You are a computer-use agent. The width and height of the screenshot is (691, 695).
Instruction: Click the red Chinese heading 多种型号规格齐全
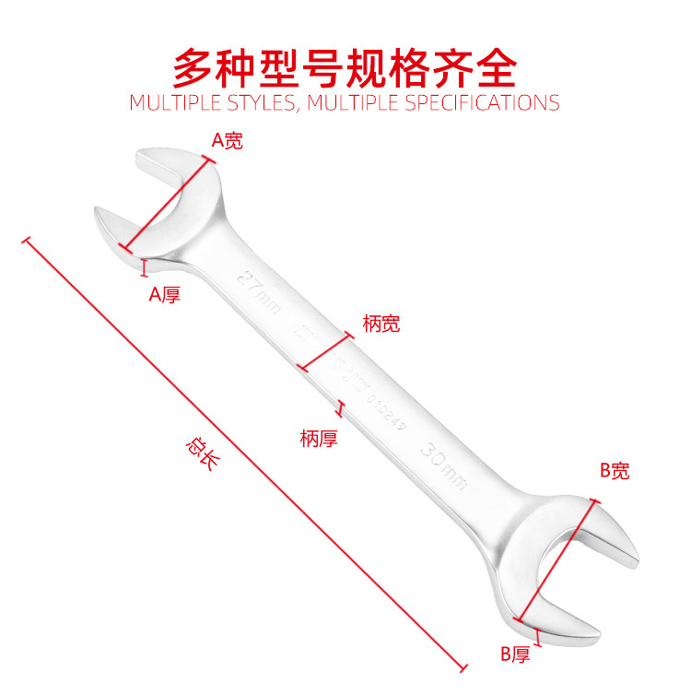pos(345,67)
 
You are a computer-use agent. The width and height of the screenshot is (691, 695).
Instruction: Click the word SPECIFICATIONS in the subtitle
pos(480,102)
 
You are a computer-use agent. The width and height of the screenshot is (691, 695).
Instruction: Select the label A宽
pos(228,141)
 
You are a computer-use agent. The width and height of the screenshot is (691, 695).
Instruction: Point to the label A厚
pos(165,294)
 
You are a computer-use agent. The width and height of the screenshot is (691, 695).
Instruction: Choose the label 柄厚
pos(319,439)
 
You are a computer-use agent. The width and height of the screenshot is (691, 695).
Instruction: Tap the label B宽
pos(615,471)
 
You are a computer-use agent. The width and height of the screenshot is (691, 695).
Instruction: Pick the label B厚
pos(518,654)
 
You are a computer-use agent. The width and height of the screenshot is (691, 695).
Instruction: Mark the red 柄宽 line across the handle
pos(326,350)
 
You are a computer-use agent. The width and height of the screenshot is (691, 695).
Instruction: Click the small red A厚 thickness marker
pos(144,267)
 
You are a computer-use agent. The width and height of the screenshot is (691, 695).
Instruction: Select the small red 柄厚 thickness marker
pos(342,408)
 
